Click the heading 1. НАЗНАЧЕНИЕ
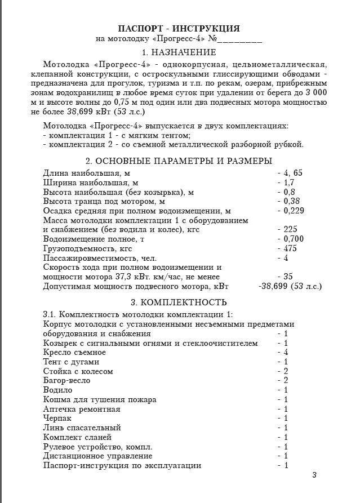179,52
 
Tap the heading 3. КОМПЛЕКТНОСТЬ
179,302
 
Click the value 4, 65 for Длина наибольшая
292,173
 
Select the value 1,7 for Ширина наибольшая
289,182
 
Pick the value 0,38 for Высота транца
291,201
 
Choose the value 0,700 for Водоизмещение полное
293,239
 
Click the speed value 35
288,277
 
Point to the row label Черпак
57,419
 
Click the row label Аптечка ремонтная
81,409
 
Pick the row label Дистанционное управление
97,456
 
